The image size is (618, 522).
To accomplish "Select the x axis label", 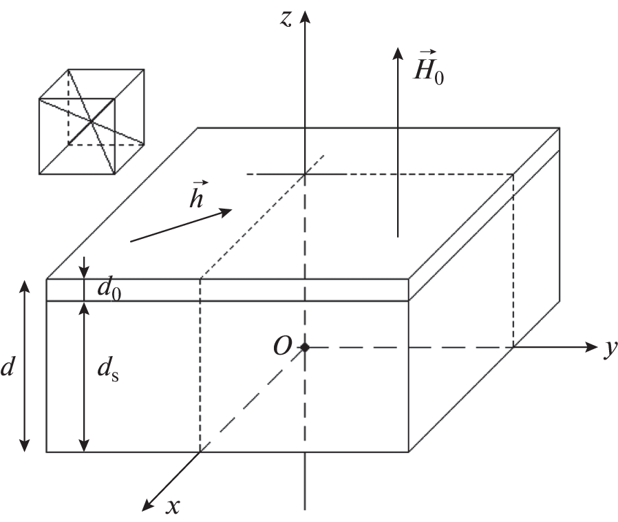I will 173,505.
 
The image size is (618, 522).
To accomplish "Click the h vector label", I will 197,195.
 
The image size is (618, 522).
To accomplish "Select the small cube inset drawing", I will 91,121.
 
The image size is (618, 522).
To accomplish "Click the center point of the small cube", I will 91,122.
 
